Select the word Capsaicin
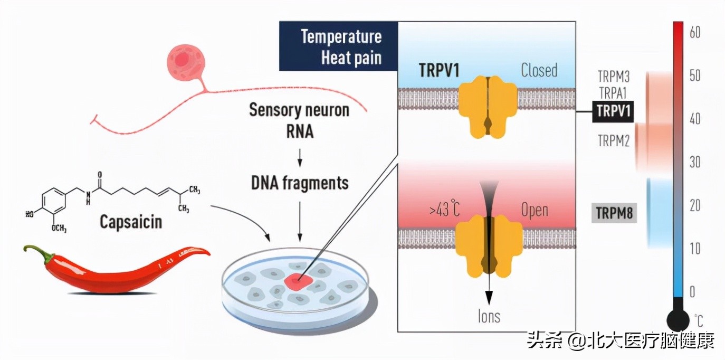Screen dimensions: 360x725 (x=131, y=222)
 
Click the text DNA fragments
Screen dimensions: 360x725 (x=300, y=183)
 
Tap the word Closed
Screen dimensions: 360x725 (x=539, y=70)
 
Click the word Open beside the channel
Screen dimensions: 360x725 (x=534, y=211)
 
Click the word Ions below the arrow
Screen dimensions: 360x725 (x=489, y=316)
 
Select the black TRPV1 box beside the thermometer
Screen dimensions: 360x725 (x=613, y=111)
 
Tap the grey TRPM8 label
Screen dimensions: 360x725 (x=614, y=213)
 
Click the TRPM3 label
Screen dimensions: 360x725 (x=613, y=77)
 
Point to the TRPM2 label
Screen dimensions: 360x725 (x=613, y=141)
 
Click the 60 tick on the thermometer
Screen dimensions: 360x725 (x=695, y=32)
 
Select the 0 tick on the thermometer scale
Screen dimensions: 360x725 (x=692, y=291)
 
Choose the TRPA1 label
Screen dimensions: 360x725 (x=613, y=93)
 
